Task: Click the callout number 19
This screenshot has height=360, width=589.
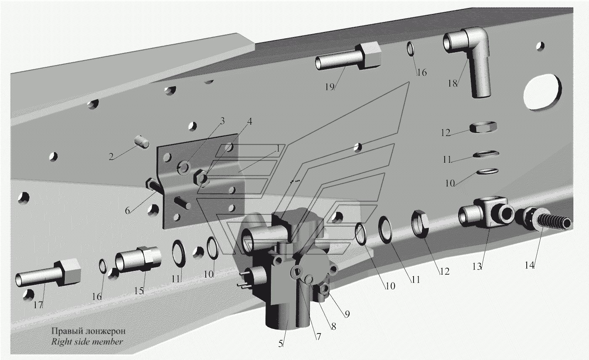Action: point(329,87)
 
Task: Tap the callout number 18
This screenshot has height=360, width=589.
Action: point(453,83)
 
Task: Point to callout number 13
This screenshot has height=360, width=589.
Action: point(477,267)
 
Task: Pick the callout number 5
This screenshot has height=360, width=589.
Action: point(281,344)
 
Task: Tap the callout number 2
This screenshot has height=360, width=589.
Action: point(111,157)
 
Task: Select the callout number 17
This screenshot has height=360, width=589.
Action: point(38,305)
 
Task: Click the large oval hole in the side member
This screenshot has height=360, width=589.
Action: point(542,93)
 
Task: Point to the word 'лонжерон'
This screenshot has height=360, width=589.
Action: point(106,331)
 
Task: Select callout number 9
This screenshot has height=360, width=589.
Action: point(347,314)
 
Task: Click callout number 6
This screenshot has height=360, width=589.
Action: point(127,210)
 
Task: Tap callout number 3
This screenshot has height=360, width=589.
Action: point(223,121)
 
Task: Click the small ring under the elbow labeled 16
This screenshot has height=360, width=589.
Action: point(410,49)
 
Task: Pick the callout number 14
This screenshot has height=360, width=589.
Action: point(529,265)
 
